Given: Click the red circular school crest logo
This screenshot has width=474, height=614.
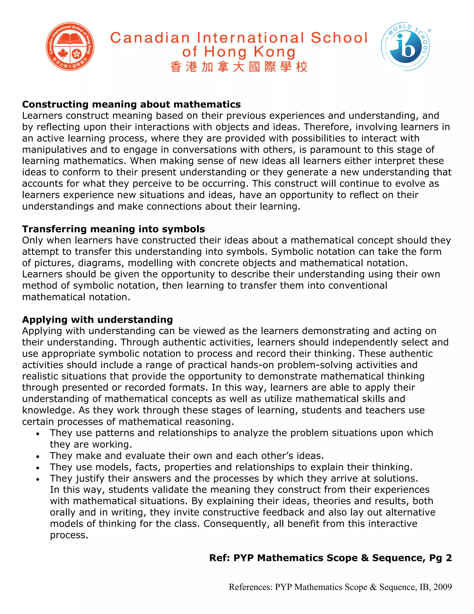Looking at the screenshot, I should (70, 46).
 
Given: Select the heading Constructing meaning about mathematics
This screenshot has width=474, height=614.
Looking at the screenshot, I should (131, 104).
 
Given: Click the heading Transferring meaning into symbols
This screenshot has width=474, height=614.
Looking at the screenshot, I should (113, 229).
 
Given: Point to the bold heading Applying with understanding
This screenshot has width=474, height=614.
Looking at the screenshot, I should (97, 320).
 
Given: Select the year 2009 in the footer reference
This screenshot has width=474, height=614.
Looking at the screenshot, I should (442, 587).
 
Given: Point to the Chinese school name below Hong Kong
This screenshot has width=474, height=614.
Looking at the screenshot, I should (239, 67).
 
